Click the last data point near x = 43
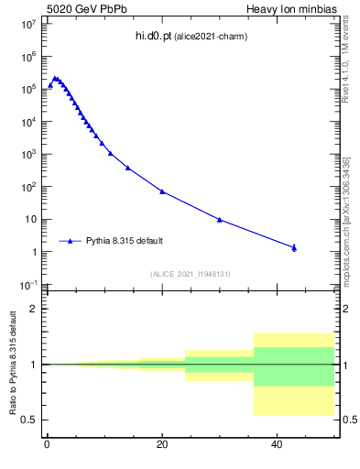[x=294, y=247]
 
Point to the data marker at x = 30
[x=220, y=220]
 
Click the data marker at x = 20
[x=162, y=191]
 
